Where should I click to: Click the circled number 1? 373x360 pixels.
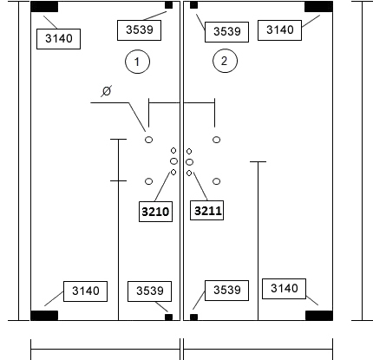pos(137,62)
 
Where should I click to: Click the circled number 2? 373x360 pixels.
pos(225,61)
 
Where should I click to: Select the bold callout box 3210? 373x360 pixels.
pos(155,212)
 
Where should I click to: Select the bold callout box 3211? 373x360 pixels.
pos(206,210)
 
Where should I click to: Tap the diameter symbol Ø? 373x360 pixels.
pos(107,91)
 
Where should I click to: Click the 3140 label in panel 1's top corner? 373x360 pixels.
pos(58,39)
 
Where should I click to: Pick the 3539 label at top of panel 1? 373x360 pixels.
pos(139,30)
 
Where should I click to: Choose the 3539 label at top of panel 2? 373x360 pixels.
pos(226,32)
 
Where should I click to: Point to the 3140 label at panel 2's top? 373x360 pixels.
pos(279,30)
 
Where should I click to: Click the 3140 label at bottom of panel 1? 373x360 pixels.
pos(85,291)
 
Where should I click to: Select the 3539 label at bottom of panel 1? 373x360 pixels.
pos(149,291)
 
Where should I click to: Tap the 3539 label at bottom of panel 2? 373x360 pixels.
pos(226,291)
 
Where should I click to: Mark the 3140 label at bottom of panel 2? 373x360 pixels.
pos(284,289)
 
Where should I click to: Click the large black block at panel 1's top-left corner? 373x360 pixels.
pos(44,7)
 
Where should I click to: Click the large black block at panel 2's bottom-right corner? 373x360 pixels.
pos(319,316)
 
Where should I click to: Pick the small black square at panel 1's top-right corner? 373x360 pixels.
pos(168,5)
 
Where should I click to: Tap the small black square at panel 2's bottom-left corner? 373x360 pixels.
pos(193,317)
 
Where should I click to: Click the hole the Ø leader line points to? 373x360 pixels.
pos(148,140)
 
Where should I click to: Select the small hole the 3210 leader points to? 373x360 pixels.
pos(173,173)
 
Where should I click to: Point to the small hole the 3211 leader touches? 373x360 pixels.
pos(189,173)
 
